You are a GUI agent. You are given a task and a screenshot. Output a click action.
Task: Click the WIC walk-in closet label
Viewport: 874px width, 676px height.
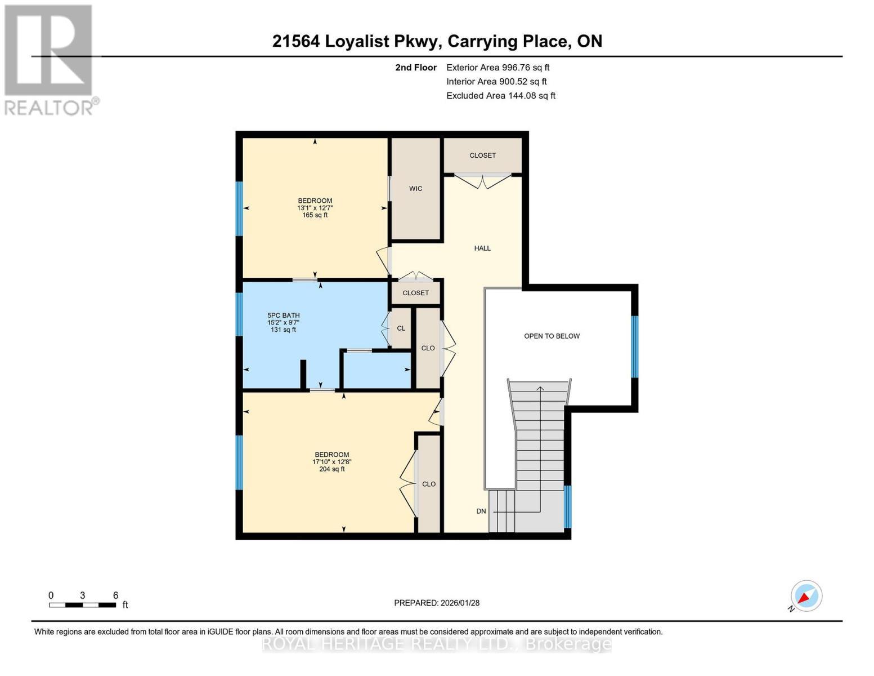(x=415, y=189)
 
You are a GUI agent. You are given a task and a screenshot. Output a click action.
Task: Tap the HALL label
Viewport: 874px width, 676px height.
(x=482, y=248)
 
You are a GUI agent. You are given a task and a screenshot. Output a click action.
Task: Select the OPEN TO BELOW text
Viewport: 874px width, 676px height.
(x=552, y=336)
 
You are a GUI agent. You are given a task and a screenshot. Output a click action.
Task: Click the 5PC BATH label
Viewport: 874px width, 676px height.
(x=283, y=315)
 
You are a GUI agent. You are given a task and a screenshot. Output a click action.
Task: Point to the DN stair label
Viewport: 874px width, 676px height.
(x=481, y=512)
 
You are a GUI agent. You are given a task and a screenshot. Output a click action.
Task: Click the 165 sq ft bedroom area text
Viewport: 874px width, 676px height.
(x=315, y=215)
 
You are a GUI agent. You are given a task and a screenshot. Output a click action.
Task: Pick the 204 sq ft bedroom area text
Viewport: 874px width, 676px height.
(x=331, y=469)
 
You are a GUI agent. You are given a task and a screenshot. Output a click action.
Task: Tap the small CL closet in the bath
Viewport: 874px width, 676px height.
(x=401, y=328)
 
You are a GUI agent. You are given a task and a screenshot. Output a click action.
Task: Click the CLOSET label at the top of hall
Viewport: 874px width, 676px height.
(x=482, y=155)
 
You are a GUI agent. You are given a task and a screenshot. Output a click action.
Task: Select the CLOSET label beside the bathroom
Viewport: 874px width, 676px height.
(x=415, y=293)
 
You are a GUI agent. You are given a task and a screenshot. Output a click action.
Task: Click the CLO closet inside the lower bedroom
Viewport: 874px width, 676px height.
(x=428, y=484)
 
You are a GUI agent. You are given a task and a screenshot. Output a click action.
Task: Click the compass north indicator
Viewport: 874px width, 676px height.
(x=806, y=596)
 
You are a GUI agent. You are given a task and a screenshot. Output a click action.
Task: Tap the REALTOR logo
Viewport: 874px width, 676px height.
(x=50, y=59)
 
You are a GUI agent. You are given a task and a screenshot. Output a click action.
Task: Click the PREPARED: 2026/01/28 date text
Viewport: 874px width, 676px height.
(x=437, y=603)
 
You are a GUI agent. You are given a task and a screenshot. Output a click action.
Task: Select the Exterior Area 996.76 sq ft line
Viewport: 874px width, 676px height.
(x=497, y=68)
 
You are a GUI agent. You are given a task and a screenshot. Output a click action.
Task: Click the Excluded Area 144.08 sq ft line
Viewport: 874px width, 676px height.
(x=500, y=96)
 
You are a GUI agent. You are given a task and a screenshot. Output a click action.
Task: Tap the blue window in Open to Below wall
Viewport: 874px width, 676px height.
(x=634, y=346)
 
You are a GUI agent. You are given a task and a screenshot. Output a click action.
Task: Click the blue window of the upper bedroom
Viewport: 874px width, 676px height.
(x=239, y=208)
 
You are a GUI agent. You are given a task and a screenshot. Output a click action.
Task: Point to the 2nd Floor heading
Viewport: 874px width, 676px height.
(x=415, y=68)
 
